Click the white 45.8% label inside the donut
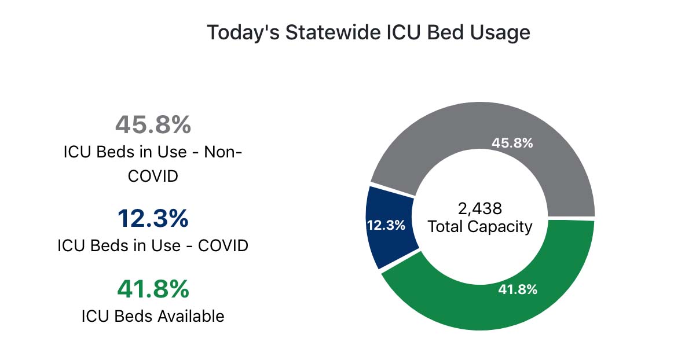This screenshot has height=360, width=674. tap(512, 143)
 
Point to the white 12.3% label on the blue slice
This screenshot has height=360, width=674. tap(386, 225)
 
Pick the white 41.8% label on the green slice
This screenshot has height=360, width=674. tap(518, 289)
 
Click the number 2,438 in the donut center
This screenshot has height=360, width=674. tap(479, 208)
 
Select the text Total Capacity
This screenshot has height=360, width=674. tap(479, 227)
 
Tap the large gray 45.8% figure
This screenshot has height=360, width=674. tap(153, 124)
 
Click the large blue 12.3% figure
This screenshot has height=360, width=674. tap(153, 218)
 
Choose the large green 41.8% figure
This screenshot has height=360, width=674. tap(153, 289)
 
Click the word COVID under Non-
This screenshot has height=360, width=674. tap(153, 176)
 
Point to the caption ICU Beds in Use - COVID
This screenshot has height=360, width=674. tap(153, 246)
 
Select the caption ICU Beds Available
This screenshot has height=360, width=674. tap(153, 316)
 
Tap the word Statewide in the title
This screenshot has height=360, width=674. tap(333, 32)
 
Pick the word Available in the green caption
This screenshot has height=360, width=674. tap(191, 316)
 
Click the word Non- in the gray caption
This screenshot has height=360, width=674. tap(223, 152)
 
